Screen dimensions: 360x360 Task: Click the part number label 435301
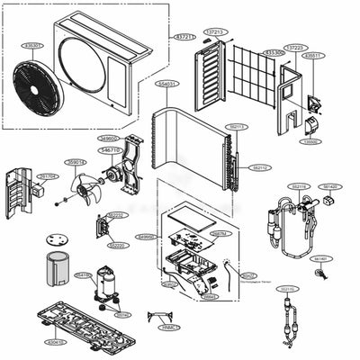pos(31,45)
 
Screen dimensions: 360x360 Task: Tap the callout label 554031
pos(167,83)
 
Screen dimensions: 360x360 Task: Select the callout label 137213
pos(215,31)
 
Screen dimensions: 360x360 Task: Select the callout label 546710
pos(111,150)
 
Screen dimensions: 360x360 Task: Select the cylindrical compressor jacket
pos(58,270)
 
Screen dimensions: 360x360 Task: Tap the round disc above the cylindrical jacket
pos(59,240)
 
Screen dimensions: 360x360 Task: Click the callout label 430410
pos(56,343)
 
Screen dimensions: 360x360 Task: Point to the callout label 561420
pos(330,186)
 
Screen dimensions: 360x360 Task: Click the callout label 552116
pos(299,186)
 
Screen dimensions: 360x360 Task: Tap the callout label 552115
pos(287,289)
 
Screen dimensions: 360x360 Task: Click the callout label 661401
pos(320,258)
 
